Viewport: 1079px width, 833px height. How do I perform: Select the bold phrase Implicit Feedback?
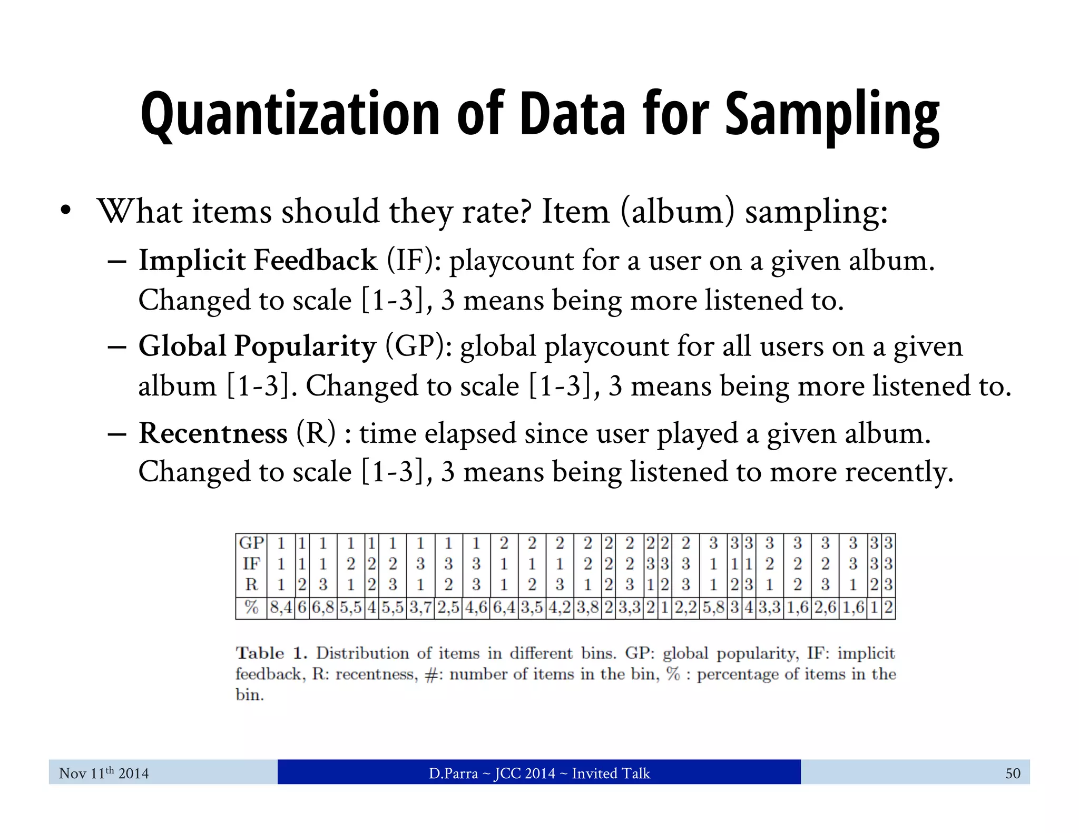point(258,261)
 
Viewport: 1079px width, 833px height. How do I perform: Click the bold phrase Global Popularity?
point(257,346)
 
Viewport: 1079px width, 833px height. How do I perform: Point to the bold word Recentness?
point(213,433)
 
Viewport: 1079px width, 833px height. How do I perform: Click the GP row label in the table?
point(251,543)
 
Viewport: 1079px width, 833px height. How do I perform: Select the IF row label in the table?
point(251,564)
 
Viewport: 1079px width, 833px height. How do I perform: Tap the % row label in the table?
point(251,608)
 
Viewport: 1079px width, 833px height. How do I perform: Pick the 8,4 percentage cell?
point(281,608)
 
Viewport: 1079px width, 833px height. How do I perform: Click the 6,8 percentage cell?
point(323,608)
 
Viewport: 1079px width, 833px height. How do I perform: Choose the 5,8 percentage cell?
point(713,608)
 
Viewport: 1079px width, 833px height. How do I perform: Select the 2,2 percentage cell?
point(685,608)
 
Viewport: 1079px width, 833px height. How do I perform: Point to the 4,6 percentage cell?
point(476,608)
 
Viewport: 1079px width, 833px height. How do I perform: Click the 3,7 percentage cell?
point(420,608)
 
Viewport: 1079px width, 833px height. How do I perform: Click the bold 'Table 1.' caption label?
point(271,653)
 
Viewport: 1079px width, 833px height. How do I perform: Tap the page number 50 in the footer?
point(1013,773)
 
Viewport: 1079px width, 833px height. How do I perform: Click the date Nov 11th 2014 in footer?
point(104,773)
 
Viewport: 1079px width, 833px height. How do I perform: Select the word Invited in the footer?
point(594,773)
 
